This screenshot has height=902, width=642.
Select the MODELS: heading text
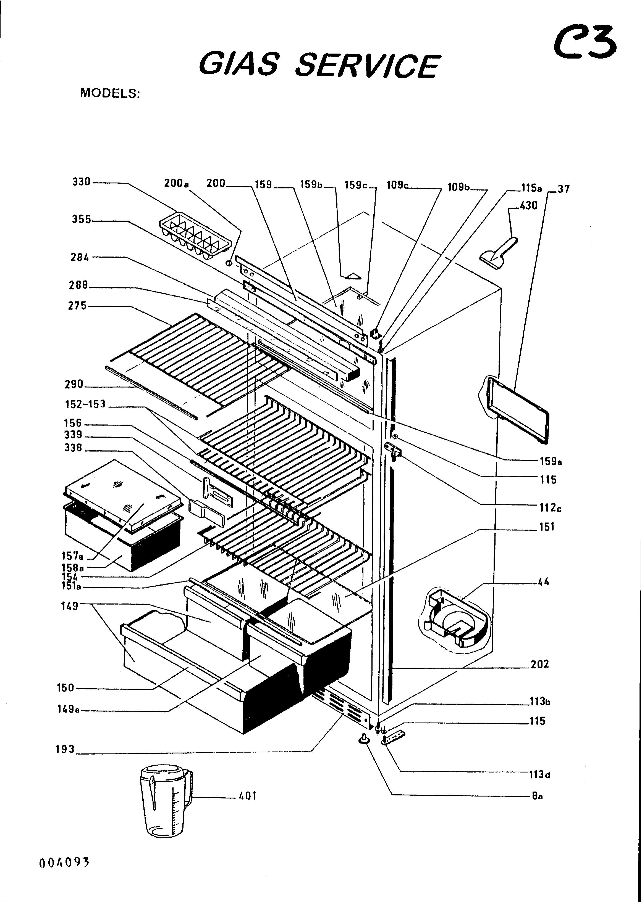pyautogui.click(x=110, y=93)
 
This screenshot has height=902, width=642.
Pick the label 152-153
pyautogui.click(x=85, y=404)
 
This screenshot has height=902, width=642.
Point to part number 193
pyautogui.click(x=65, y=749)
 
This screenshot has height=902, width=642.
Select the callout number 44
pyautogui.click(x=544, y=582)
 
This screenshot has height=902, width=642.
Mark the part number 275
pyautogui.click(x=77, y=305)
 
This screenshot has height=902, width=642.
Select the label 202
pyautogui.click(x=540, y=664)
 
